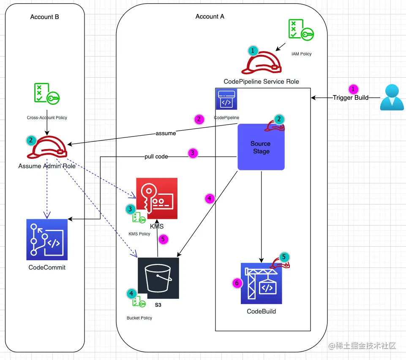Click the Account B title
click(44, 17)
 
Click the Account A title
click(210, 16)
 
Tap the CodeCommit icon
click(47, 240)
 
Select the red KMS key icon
click(157, 198)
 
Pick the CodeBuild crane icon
click(261, 283)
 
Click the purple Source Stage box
click(261, 147)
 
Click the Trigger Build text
click(351, 98)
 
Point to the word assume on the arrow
click(166, 133)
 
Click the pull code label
click(156, 156)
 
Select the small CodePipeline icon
click(226, 99)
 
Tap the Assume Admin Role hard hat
click(47, 147)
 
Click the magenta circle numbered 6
click(238, 283)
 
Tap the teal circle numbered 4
click(131, 293)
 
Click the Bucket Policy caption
click(139, 318)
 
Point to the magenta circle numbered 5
click(163, 239)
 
